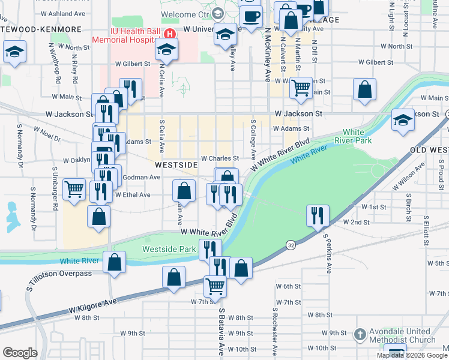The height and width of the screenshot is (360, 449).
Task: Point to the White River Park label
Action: point(357,136)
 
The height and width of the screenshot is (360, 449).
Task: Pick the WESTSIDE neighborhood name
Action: point(176,164)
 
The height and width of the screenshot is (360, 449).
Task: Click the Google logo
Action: point(20,353)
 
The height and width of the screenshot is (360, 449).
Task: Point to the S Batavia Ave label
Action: point(221,331)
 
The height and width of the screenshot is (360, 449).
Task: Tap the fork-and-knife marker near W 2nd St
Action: point(317,215)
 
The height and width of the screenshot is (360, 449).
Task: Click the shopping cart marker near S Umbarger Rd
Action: point(74,190)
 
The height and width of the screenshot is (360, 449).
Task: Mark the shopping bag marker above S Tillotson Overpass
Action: point(114,262)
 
